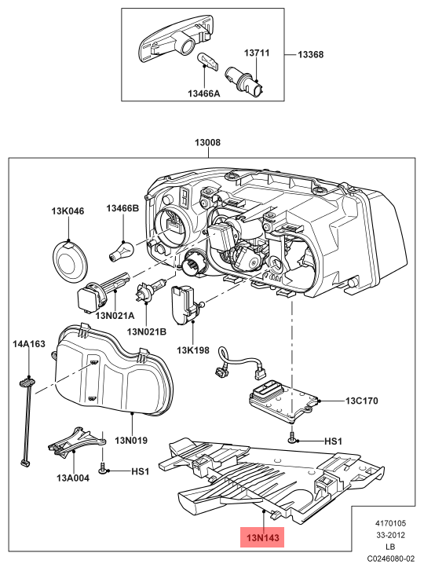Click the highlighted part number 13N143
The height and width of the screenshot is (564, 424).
[262, 537]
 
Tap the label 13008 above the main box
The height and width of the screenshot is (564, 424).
[207, 142]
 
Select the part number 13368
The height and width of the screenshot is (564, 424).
[310, 54]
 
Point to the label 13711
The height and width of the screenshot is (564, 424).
[257, 53]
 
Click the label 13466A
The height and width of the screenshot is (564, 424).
[204, 93]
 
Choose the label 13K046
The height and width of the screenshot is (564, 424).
[68, 211]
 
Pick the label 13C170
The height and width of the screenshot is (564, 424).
[362, 401]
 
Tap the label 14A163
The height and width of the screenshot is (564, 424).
[29, 344]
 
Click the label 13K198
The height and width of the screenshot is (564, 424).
[192, 350]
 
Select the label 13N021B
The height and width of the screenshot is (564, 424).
[147, 331]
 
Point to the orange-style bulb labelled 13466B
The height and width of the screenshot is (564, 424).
[122, 251]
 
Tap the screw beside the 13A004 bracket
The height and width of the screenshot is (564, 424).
[103, 468]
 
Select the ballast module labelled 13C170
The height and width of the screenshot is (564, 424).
[284, 401]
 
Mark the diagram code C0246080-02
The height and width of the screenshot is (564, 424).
[390, 559]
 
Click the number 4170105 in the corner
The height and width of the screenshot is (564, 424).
[390, 523]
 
